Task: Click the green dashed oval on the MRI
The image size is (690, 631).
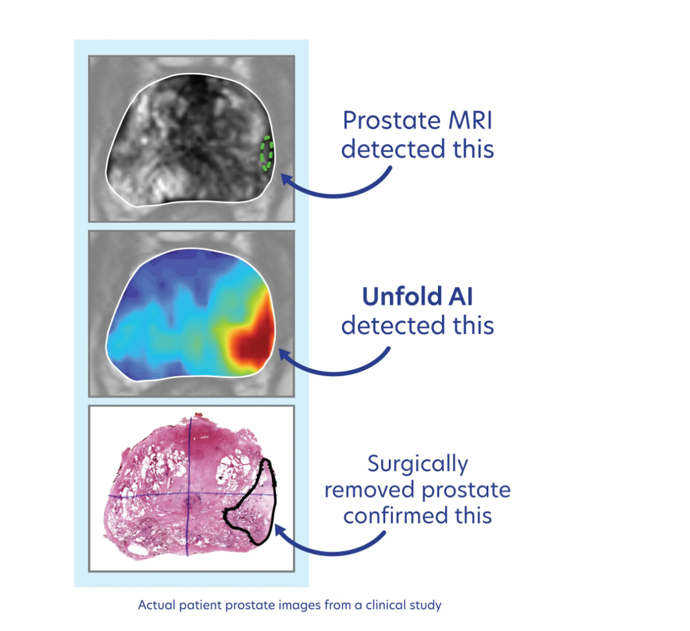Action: [x=266, y=153]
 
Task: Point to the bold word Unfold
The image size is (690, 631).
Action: [x=393, y=297]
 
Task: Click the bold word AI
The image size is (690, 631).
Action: [x=461, y=297]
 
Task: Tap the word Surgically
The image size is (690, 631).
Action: [x=417, y=465]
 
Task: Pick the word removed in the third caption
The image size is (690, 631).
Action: [x=367, y=491]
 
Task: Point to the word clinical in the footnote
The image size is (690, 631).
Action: [x=386, y=606]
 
